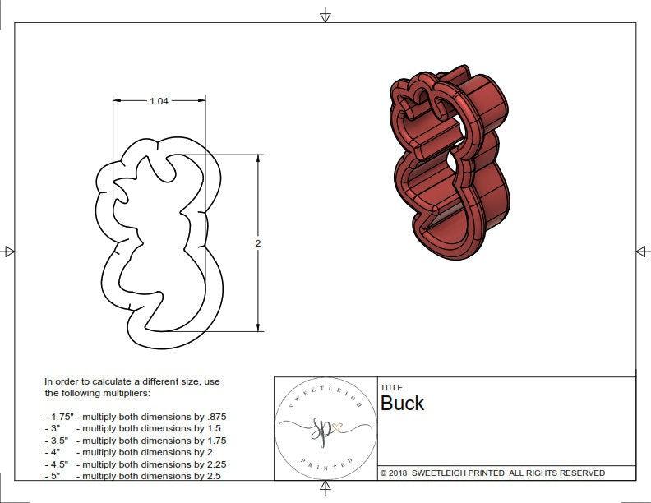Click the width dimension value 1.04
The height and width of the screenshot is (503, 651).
pyautogui.click(x=159, y=101)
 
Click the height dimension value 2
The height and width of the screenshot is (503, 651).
pyautogui.click(x=257, y=243)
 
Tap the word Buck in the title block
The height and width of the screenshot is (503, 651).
pyautogui.click(x=402, y=404)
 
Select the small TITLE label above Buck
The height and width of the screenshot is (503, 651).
pyautogui.click(x=390, y=387)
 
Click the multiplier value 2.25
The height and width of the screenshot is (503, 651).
pyautogui.click(x=212, y=464)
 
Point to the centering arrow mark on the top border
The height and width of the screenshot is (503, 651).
pyautogui.click(x=325, y=15)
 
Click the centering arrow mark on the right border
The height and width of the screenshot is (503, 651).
pyautogui.click(x=642, y=251)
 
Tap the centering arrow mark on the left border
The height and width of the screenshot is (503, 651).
pyautogui.click(x=9, y=251)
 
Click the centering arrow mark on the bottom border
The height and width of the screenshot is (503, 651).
pyautogui.click(x=325, y=489)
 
